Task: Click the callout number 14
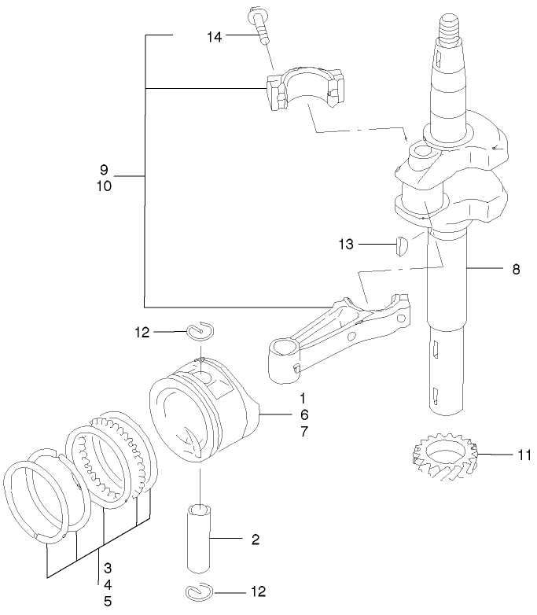coord(215,37)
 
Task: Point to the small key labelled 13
coord(399,245)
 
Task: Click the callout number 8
coord(516,269)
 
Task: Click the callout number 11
coord(524,455)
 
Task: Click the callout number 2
coord(255,540)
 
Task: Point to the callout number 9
coord(104,170)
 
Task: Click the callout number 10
coord(104,186)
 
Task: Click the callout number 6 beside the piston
coord(303,414)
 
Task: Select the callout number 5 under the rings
coord(107,602)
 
